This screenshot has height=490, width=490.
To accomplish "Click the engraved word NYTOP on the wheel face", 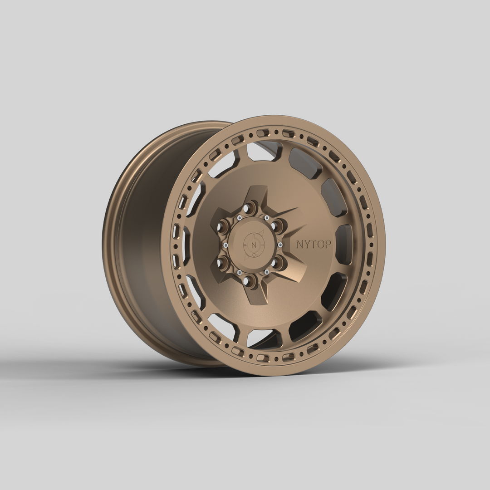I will tap(314, 244).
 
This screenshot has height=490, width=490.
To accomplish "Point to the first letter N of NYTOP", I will tap(300, 244).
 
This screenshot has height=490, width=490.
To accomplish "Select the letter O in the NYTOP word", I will tap(320, 244).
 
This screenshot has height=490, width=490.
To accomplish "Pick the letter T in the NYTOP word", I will tap(314, 244).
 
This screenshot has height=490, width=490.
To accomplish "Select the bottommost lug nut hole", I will tap(248, 281).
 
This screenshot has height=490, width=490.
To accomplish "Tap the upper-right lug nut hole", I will tap(277, 225).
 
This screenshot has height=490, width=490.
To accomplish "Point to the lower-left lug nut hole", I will tap(223, 262).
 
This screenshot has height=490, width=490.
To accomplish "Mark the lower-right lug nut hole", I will tap(277, 262).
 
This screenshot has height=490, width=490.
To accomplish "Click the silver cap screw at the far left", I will tap(225, 245).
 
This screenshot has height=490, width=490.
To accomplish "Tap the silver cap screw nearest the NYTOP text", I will tap(280, 245).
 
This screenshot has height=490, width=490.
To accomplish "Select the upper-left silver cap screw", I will tap(239, 218).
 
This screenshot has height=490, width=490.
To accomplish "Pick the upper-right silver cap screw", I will tap(266, 218).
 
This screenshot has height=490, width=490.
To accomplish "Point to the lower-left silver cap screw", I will tap(239, 272).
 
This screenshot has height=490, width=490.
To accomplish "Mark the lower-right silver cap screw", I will tap(266, 272).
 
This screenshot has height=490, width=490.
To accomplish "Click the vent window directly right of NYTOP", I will tap(344, 244).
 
